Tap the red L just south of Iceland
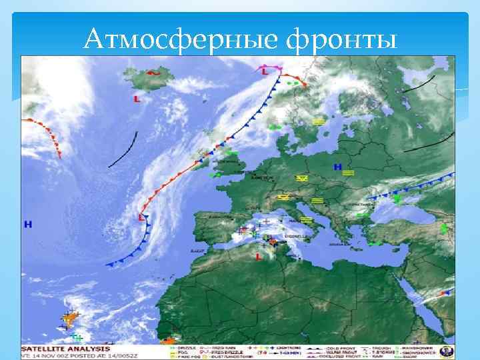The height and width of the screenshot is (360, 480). pos(137,99)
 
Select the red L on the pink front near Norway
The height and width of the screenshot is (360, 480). pos(265,70)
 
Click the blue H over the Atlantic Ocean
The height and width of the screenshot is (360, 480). pos(27,224)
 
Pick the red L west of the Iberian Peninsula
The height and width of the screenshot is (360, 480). pos(141,217)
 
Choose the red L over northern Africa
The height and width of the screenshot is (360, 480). pos(258,256)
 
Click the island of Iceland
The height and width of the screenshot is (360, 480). pos(151,81)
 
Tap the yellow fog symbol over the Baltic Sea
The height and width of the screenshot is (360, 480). pos(319,122)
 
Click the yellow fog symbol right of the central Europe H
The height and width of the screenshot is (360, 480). pos(349,173)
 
